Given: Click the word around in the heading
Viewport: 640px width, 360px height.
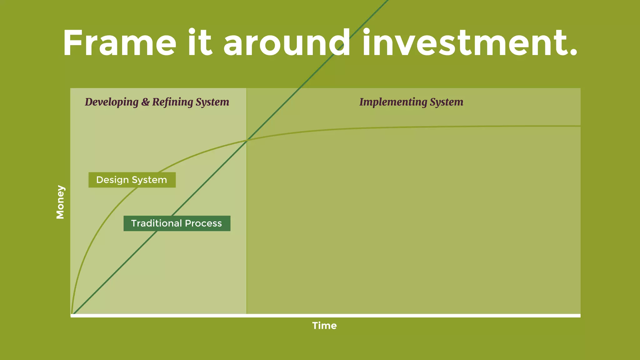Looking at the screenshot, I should click(x=287, y=43).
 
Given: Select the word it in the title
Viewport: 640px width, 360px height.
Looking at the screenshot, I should click(x=200, y=43).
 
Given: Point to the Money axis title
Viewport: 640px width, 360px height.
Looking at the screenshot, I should click(x=60, y=202).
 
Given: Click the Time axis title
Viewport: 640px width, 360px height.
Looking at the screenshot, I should click(x=324, y=326).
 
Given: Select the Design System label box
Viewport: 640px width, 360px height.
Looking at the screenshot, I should click(x=132, y=180).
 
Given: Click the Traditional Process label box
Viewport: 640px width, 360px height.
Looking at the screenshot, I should click(x=177, y=223).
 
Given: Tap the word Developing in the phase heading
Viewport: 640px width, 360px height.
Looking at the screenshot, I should click(x=112, y=102).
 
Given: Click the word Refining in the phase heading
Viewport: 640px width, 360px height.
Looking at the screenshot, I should click(x=172, y=102).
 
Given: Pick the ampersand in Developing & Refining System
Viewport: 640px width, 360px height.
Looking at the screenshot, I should click(x=145, y=102).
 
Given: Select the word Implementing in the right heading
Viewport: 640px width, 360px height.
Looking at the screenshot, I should click(x=393, y=102).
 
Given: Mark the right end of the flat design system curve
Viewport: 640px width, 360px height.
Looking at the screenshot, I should click(x=580, y=126).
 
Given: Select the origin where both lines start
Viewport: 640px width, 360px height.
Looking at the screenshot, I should click(x=72, y=313).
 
